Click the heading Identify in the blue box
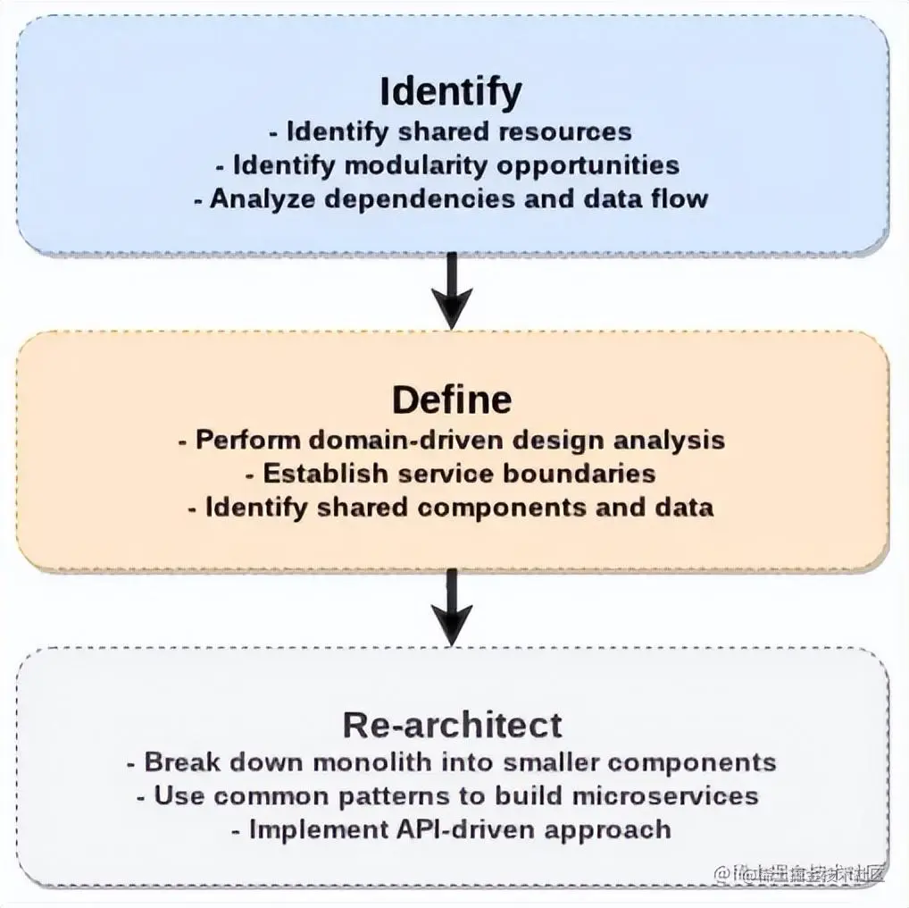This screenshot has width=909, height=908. (451, 92)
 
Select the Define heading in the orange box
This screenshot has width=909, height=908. (452, 399)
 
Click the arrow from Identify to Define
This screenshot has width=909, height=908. (453, 291)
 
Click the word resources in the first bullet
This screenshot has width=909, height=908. (564, 131)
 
